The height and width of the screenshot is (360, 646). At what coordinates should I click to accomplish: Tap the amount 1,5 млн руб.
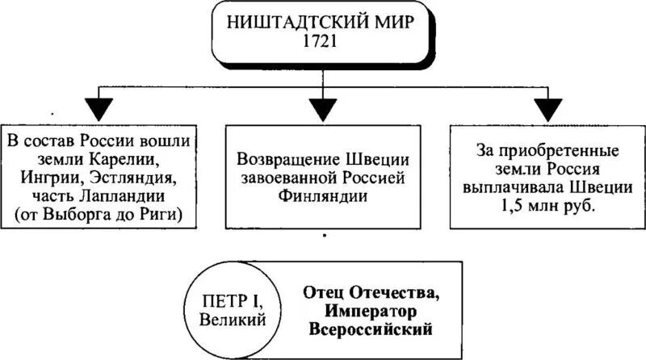click(x=546, y=206)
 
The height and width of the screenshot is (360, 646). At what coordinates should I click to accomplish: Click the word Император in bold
click(x=372, y=311)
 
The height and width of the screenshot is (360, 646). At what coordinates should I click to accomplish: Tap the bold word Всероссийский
click(x=372, y=329)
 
